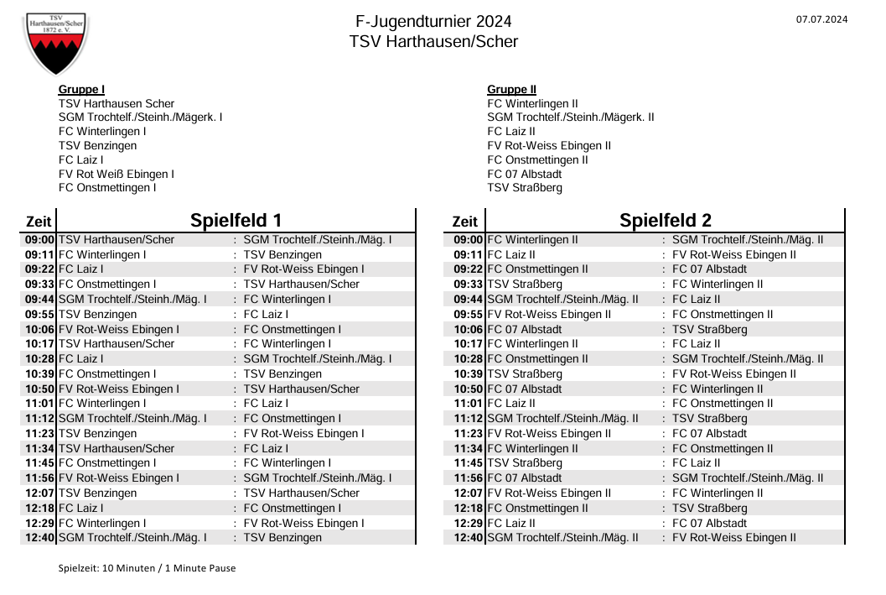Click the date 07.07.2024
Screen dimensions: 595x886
[x=821, y=19]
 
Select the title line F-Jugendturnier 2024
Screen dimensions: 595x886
[x=433, y=22]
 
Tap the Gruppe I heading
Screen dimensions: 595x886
[x=81, y=90]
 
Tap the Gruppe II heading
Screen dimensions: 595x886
[x=511, y=90]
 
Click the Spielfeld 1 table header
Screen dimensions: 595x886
[x=236, y=221]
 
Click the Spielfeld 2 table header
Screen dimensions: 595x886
[x=665, y=221]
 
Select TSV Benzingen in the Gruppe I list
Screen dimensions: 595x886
[x=97, y=146]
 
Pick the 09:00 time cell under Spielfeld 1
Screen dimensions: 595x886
[x=39, y=240]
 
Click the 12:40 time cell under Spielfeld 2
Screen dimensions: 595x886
[x=469, y=538]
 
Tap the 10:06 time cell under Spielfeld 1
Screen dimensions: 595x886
[x=39, y=330]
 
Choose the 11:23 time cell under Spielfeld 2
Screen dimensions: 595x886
[x=469, y=434]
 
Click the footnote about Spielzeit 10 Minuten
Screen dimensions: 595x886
[x=147, y=568]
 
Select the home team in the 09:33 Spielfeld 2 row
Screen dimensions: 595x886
[x=525, y=284]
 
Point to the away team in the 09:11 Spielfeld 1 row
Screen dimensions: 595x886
[x=282, y=255]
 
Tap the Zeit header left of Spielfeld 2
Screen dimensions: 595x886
[x=464, y=222]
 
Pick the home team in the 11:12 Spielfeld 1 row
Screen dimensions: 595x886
[x=133, y=419]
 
